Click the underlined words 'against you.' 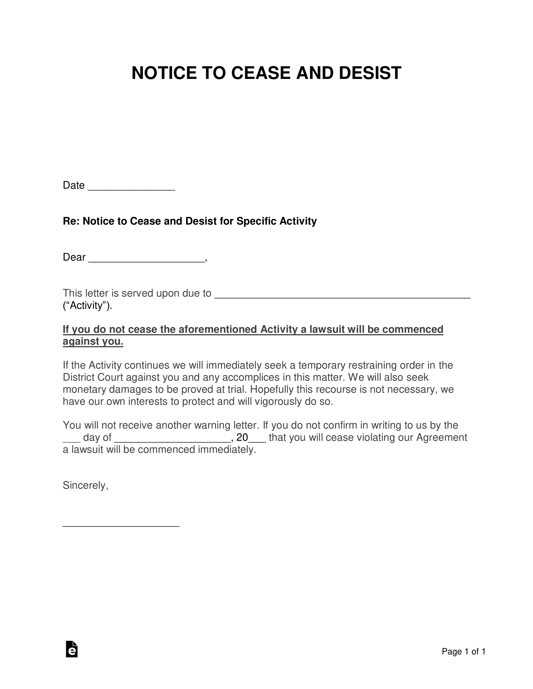[93, 341]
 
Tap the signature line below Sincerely [121, 524]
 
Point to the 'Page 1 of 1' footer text [463, 651]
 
